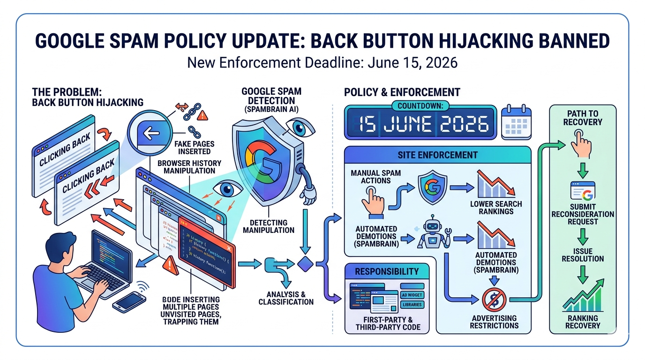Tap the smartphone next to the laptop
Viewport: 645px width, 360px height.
129,301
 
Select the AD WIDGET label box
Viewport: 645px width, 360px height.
412,295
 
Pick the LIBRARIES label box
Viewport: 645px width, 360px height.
412,305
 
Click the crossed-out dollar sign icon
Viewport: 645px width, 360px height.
494,300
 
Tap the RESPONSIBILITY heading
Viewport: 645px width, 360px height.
387,271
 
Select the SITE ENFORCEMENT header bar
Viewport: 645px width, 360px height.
437,155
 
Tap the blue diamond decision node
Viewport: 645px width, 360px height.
305,263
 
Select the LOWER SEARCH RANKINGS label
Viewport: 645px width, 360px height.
496,208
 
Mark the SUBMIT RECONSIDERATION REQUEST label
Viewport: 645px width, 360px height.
583,214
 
